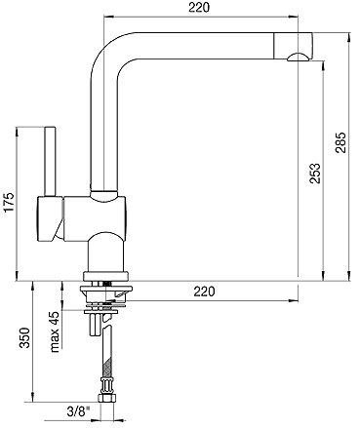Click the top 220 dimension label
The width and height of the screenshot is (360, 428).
[199, 7]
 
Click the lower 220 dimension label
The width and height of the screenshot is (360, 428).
[204, 292]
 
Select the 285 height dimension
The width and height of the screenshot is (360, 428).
[341, 142]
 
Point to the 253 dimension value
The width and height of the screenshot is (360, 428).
[314, 174]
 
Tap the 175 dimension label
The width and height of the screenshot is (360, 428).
[10, 203]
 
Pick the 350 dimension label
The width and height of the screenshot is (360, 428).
[24, 337]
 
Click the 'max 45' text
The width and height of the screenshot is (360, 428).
[55, 331]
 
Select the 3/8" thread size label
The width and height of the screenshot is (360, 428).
[78, 412]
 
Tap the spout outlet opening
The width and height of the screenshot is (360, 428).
[299, 58]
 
